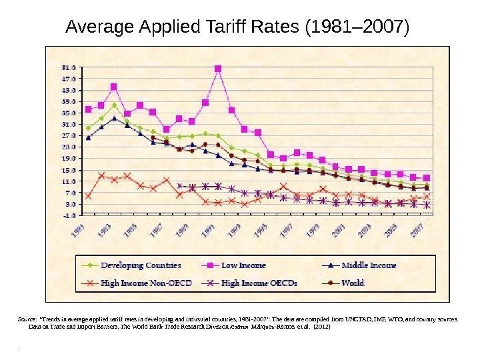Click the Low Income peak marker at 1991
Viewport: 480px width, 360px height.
click(x=218, y=69)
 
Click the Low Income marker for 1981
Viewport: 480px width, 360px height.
click(x=89, y=109)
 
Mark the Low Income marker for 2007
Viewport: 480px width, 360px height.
click(x=427, y=178)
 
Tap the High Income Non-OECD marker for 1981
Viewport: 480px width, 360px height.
click(x=89, y=196)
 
